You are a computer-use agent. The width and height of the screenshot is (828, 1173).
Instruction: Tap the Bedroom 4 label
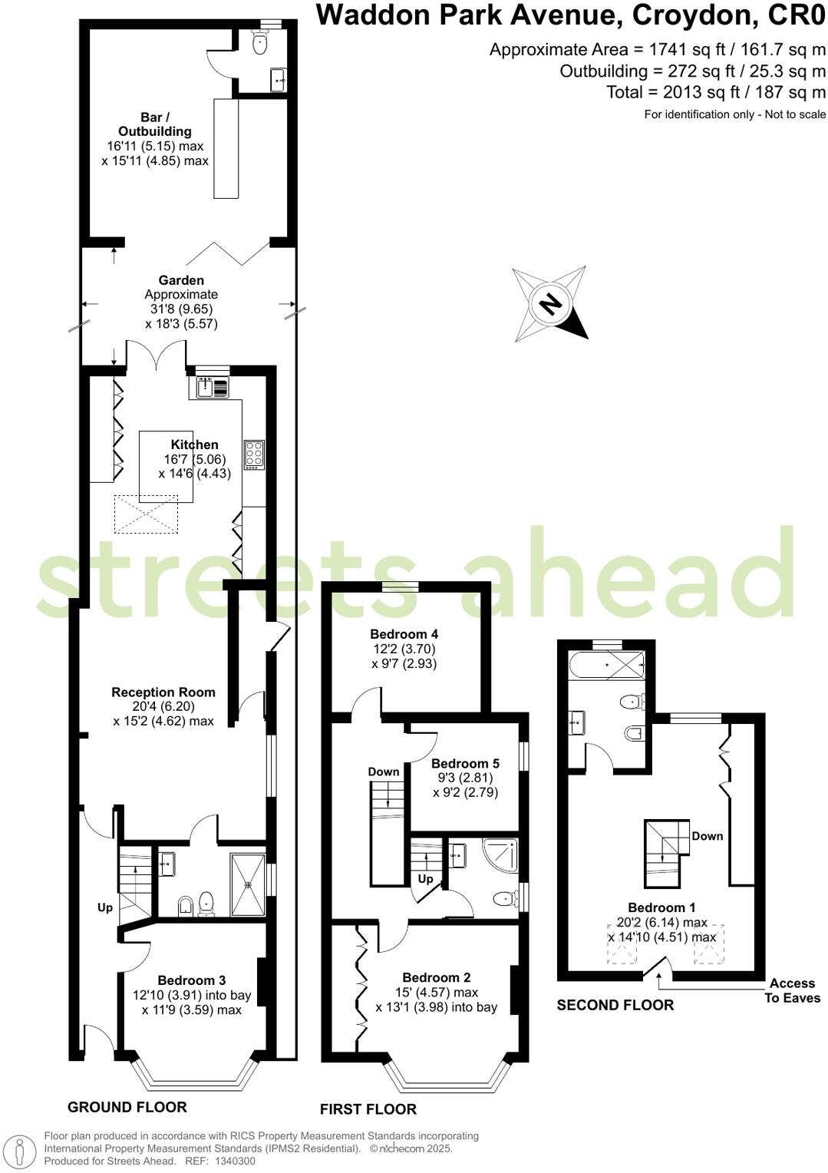point(404,634)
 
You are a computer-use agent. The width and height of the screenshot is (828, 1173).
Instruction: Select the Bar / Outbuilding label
point(154,124)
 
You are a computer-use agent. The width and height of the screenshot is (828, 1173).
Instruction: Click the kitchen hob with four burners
point(254,454)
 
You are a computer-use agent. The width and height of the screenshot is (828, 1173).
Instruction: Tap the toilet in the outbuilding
point(259,44)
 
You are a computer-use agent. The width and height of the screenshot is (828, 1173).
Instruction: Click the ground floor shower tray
point(248,884)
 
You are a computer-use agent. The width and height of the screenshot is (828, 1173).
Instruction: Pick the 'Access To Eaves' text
point(792,990)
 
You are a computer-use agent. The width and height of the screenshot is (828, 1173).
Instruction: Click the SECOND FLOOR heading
point(615,1005)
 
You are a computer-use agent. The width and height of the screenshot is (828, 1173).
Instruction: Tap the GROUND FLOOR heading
point(127,1107)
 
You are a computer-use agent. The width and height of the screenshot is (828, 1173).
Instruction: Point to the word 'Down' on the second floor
point(707,836)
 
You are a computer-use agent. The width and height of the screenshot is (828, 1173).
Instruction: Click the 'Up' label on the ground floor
point(105,907)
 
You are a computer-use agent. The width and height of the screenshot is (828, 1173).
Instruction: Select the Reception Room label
point(163,692)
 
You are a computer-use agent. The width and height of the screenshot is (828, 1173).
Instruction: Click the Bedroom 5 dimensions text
point(465,785)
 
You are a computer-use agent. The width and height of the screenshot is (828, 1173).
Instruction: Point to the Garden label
point(181,280)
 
